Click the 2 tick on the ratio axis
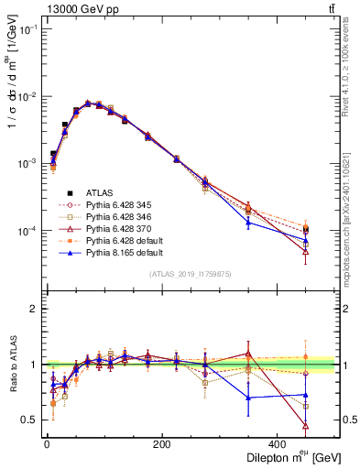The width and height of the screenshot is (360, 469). (35, 309)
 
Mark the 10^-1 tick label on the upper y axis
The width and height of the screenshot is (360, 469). (27, 30)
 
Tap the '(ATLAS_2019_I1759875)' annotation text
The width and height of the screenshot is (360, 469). (191, 274)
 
